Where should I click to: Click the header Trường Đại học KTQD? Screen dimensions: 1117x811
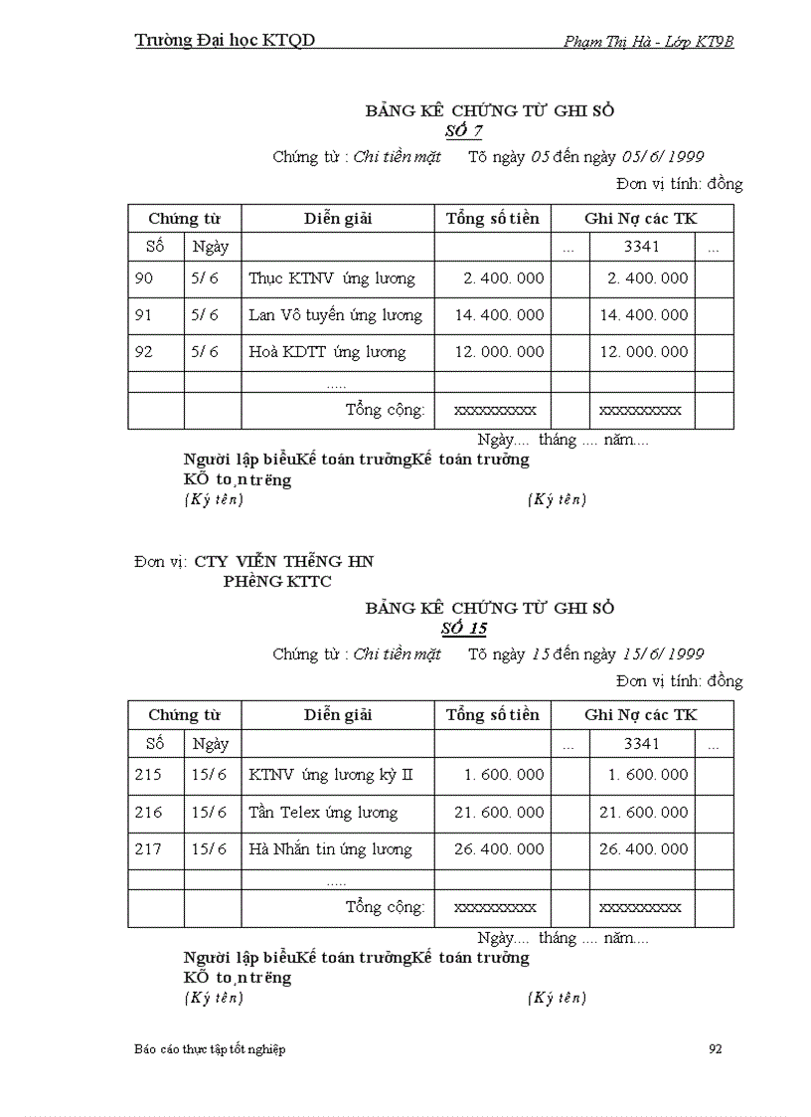point(225,40)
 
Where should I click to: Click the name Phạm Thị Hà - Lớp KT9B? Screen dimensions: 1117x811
point(648,41)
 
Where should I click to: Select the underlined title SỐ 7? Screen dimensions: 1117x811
point(464,130)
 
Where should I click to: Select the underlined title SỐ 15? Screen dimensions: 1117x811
point(464,628)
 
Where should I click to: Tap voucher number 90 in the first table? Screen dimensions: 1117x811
point(144,279)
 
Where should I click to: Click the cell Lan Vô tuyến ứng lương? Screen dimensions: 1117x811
point(335,315)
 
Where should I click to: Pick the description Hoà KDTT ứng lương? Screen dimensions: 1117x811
point(327,352)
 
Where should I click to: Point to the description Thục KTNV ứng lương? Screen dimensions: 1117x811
point(332,279)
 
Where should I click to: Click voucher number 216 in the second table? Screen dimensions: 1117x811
point(148,813)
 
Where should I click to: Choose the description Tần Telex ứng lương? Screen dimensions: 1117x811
point(323,813)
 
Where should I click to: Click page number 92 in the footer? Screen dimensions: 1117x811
point(716,1049)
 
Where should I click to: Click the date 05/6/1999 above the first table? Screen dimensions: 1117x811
point(663,157)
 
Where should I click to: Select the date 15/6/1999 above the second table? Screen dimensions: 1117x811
point(663,654)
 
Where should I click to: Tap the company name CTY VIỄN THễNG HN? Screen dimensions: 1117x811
point(284,562)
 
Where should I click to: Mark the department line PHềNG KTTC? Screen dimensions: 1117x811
point(277,582)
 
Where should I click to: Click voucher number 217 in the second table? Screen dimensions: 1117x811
point(148,849)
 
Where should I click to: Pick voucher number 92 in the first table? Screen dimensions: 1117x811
point(144,352)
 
